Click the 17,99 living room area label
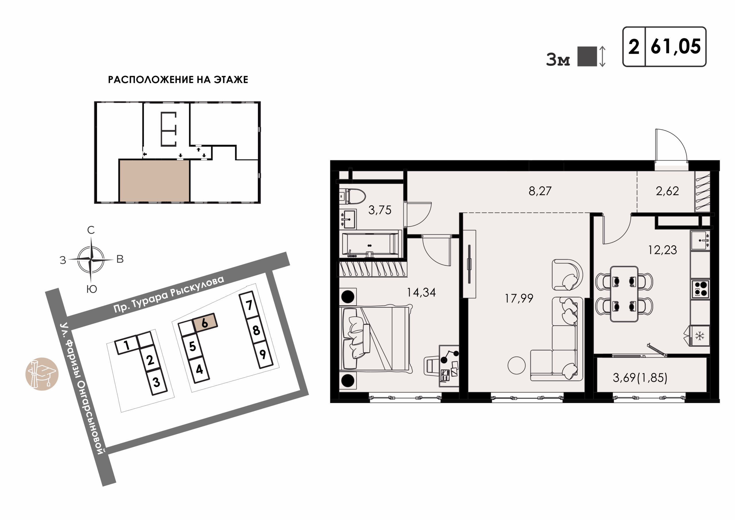pos(519,298)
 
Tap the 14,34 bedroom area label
pos(421,292)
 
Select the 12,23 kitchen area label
pos(662,250)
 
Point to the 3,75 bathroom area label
pos(380,210)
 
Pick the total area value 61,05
pos(676,47)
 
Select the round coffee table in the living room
pos(516,365)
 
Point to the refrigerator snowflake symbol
pos(699,336)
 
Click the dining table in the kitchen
pos(624,294)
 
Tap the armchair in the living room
pos(567,275)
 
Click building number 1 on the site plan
pos(127,345)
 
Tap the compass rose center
pos(91,259)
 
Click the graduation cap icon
pos(42,374)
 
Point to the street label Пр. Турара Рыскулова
pos(169,294)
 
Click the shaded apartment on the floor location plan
pos(154,181)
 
